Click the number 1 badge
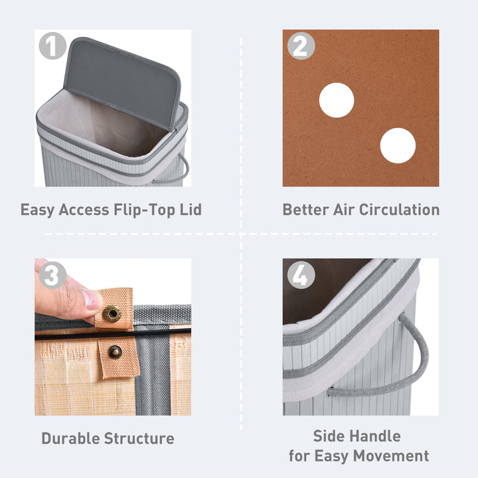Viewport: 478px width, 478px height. [x=52, y=46]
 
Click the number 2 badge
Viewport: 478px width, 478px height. [x=301, y=46]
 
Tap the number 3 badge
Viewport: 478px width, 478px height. [x=52, y=275]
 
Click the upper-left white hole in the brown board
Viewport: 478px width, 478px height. [x=337, y=100]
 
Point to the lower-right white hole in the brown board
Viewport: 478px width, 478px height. [x=398, y=145]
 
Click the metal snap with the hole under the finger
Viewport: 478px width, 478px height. [x=111, y=313]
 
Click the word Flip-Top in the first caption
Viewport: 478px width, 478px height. [x=141, y=210]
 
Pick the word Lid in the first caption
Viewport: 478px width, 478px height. [x=189, y=210]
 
